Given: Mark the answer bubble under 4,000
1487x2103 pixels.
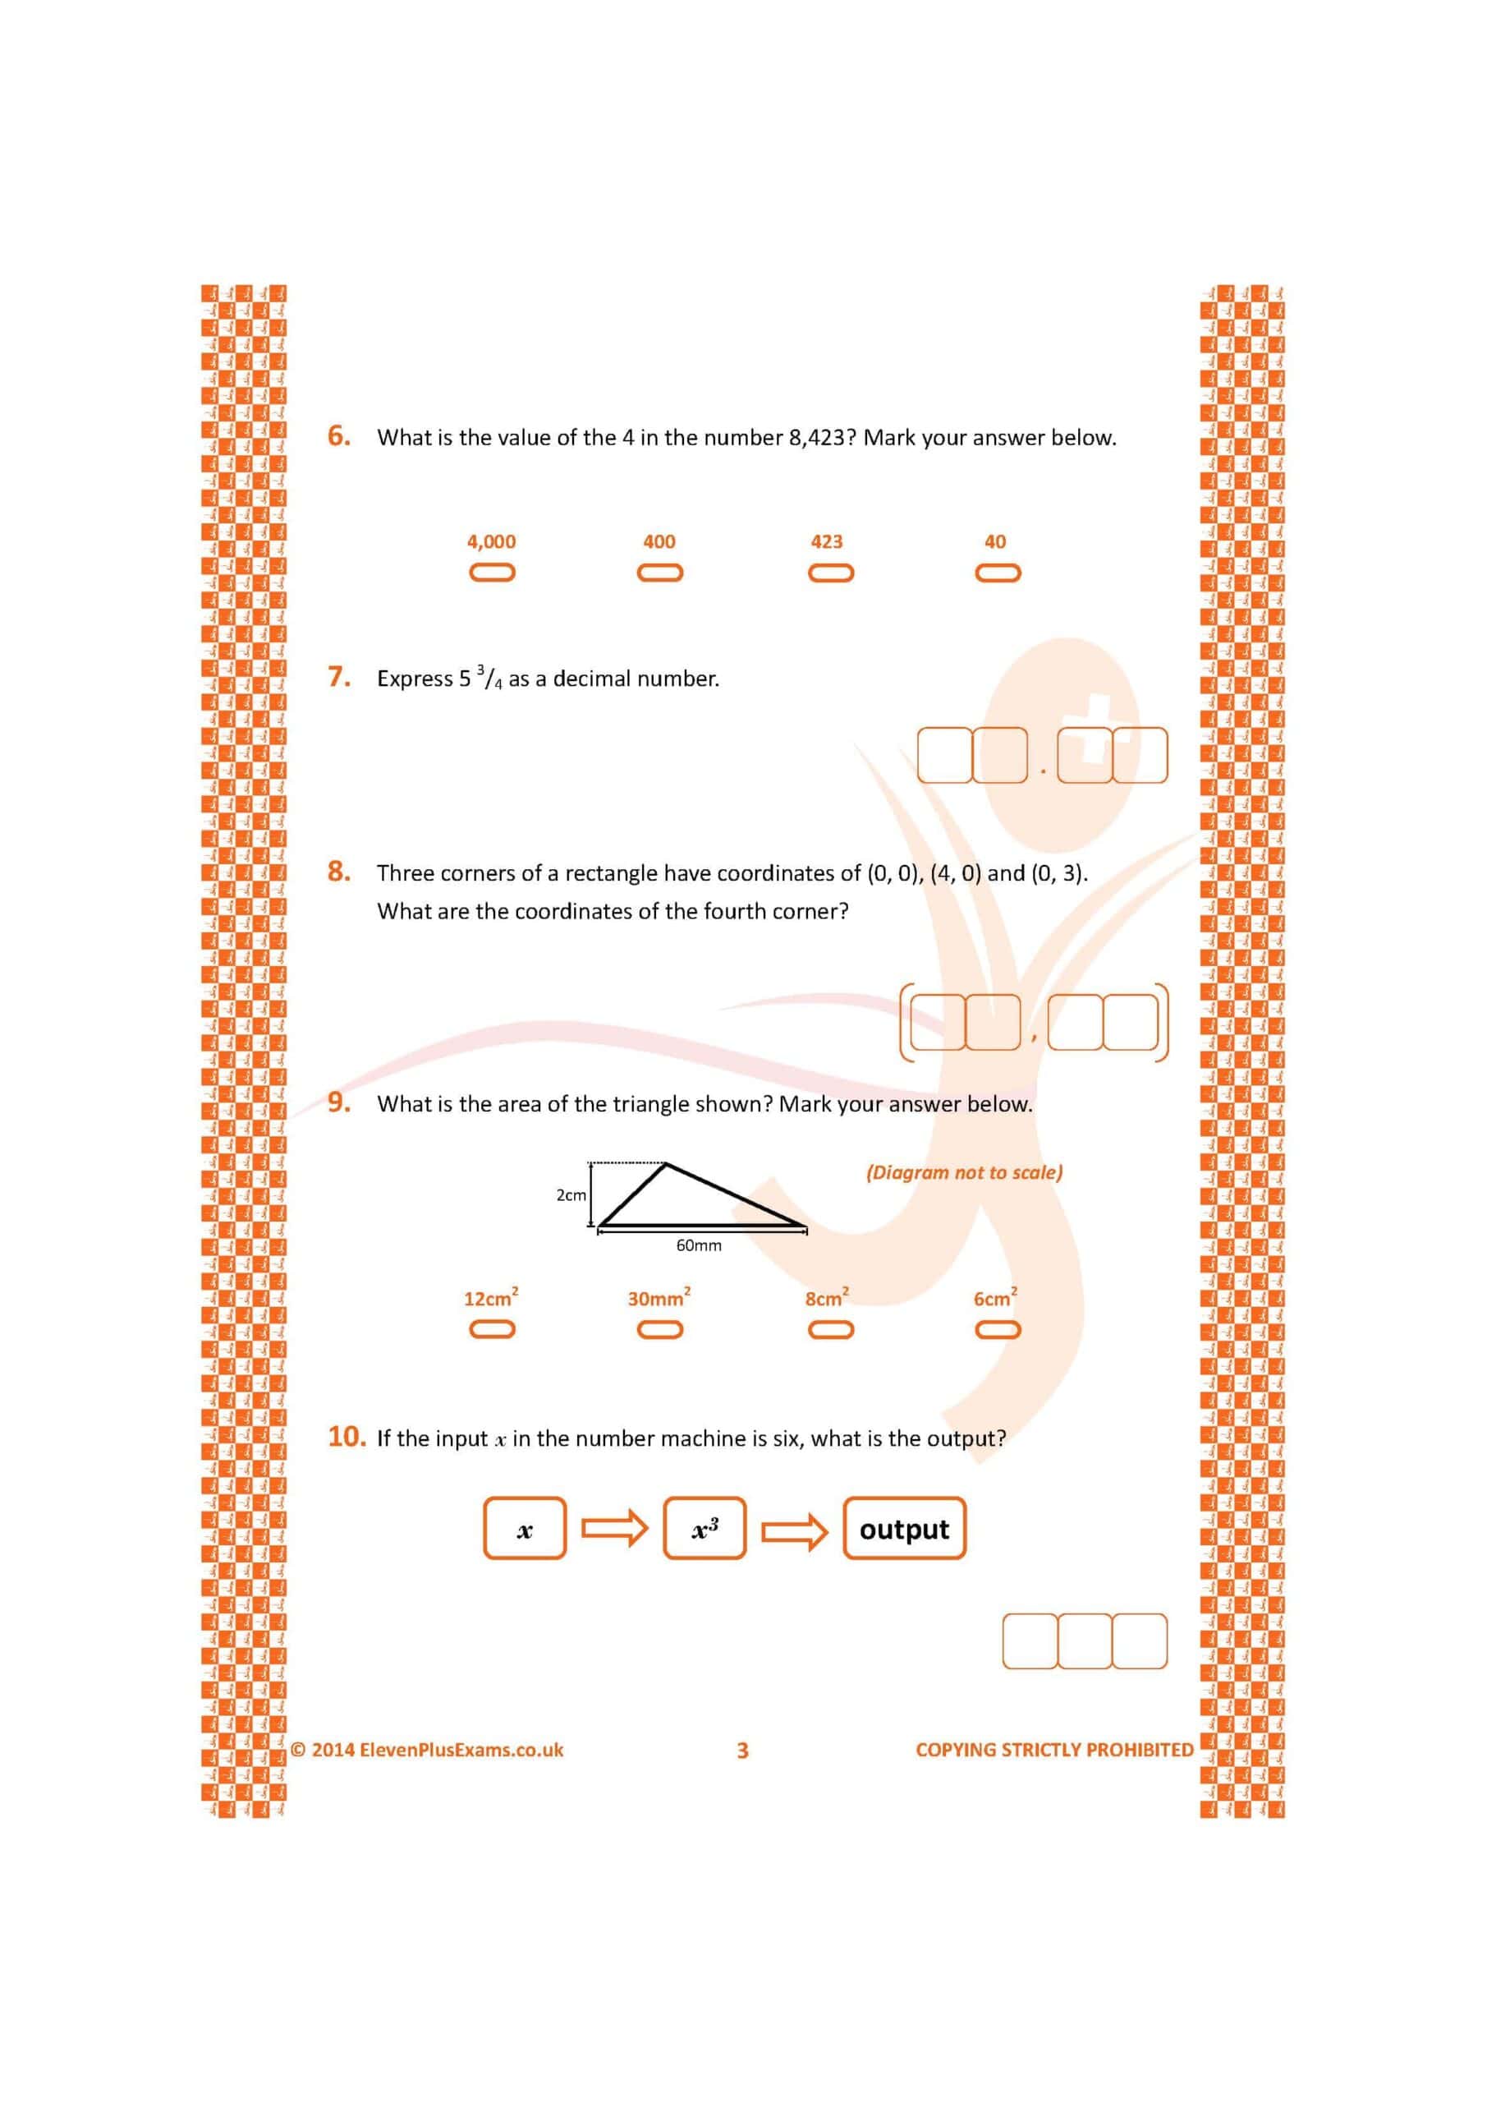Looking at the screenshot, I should [492, 573].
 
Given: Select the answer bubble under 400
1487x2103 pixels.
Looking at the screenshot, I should [659, 573].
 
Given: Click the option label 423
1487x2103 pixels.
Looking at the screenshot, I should [826, 541].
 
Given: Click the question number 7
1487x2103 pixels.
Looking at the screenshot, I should [339, 677].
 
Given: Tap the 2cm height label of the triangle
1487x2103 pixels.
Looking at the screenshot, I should [571, 1195].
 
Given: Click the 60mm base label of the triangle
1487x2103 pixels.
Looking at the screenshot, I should [699, 1245].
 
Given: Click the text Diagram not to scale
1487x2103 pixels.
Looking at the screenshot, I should [964, 1172].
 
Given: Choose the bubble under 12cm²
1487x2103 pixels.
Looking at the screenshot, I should [492, 1329].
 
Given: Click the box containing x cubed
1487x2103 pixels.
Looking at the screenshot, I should [704, 1529].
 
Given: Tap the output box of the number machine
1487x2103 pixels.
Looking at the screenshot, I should [904, 1529].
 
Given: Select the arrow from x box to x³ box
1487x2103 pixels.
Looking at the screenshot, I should [615, 1528].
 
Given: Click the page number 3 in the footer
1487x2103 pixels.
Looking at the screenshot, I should [742, 1751].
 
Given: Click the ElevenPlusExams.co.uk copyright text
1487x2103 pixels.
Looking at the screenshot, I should [428, 1750].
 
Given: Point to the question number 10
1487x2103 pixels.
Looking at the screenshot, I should [347, 1436].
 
